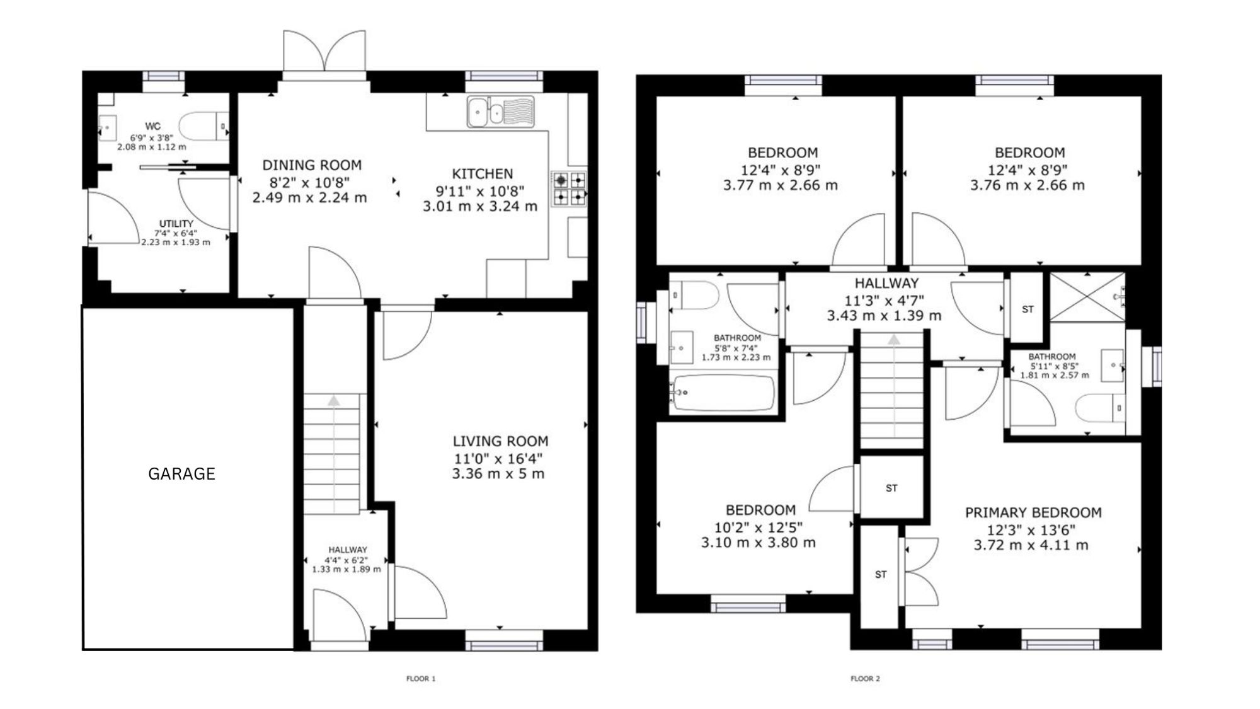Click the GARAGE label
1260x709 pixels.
point(181,474)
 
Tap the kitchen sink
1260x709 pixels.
point(500,112)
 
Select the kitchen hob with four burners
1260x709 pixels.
point(569,189)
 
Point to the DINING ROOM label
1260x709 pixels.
point(312,165)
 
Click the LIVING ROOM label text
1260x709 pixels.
point(500,441)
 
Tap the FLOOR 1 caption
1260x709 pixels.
point(421,679)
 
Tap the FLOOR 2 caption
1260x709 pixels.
point(865,679)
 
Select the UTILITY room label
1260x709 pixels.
point(176,224)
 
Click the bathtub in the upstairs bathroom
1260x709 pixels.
point(723,393)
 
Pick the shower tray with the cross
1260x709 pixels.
point(1087,297)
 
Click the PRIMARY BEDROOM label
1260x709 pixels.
point(1033,513)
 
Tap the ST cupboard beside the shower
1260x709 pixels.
point(1028,309)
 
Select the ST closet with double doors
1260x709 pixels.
point(880,575)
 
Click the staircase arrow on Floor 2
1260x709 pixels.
point(894,385)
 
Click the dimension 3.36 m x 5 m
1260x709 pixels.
point(498,474)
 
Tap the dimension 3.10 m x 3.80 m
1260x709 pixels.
point(759,543)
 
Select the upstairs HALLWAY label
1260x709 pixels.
point(886,284)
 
